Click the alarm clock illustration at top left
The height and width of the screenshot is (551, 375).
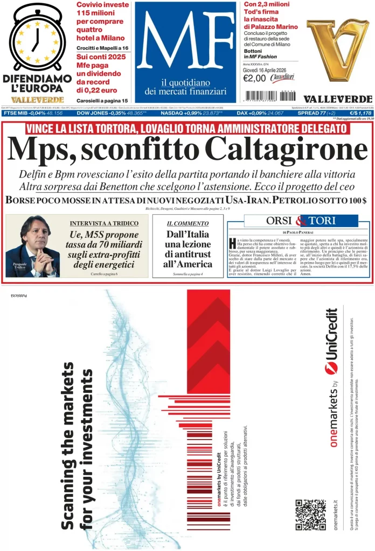click(x=36, y=39)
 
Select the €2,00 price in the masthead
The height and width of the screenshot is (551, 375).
click(x=254, y=79)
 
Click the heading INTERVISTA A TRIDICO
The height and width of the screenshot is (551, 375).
click(x=104, y=223)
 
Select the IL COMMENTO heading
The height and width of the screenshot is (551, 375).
click(x=188, y=223)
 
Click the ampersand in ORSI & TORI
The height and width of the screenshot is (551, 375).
click(x=301, y=220)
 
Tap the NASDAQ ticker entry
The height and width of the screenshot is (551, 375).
click(x=184, y=113)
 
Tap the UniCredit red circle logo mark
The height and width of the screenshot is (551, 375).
click(x=331, y=368)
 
